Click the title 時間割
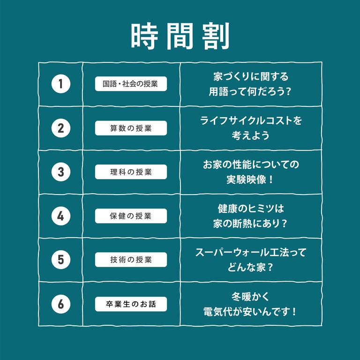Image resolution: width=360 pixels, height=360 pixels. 180,36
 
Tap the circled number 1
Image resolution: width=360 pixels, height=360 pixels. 61,84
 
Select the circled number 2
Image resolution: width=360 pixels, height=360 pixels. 61,128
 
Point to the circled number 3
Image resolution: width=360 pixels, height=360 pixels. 61,172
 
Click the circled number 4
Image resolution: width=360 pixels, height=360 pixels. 61,216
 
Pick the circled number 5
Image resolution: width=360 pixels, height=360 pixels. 61,260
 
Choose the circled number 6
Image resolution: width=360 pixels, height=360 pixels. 61,304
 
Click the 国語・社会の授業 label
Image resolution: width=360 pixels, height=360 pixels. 131,84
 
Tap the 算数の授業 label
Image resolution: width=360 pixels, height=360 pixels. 131,128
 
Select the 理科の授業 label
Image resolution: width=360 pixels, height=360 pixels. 131,172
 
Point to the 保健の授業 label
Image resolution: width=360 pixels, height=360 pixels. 131,216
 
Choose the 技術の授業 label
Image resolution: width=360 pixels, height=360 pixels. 131,260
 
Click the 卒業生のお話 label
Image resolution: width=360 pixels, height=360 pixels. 131,304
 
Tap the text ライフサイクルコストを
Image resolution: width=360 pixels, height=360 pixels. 251,120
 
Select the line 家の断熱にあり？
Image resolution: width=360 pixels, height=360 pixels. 250,224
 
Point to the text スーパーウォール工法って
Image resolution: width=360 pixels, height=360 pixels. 251,252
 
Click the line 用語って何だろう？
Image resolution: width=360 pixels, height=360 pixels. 250,91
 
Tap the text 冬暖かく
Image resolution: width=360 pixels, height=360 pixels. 250,297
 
